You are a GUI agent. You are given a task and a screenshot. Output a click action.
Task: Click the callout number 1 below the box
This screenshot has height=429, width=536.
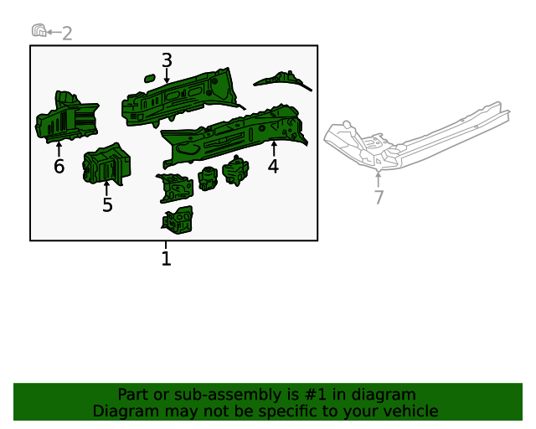coord(166,259)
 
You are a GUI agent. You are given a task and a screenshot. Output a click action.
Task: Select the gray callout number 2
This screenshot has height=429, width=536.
coord(67,34)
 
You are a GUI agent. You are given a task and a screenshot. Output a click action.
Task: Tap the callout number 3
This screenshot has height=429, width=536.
coord(167,60)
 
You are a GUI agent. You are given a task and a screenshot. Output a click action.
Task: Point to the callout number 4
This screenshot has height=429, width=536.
coord(273,166)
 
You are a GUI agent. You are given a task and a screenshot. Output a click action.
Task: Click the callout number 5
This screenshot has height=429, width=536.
coord(107,205)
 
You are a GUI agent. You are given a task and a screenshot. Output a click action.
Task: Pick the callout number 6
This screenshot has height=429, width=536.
coord(59,166)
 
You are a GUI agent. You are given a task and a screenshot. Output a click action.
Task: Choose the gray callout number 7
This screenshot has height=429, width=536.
coord(379,197)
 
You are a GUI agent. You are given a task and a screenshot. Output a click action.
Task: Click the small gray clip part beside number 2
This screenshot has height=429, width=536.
coord(39,31)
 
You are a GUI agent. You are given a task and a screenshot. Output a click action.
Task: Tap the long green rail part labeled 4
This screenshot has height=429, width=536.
coord(234,134)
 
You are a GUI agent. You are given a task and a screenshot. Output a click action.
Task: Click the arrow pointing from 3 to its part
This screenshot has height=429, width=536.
coord(167,75)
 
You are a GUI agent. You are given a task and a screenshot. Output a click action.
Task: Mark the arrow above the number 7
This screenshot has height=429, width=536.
coord(379,178)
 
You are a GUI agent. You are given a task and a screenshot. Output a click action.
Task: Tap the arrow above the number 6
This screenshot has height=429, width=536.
coord(59,149)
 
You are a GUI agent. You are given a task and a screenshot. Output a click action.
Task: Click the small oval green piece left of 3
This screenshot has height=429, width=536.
coord(149,79)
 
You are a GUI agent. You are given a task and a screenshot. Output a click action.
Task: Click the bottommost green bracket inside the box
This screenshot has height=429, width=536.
coord(178,220)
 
